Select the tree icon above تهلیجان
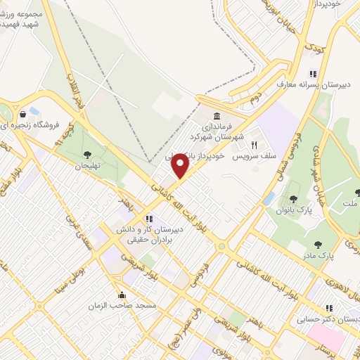[x=87, y=155]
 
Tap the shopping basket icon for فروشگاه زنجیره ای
[x=24, y=112]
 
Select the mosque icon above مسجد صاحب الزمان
[x=122, y=295]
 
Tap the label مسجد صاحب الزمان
[x=111, y=307]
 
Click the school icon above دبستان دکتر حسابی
[x=328, y=308]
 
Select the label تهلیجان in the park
[x=88, y=166]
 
